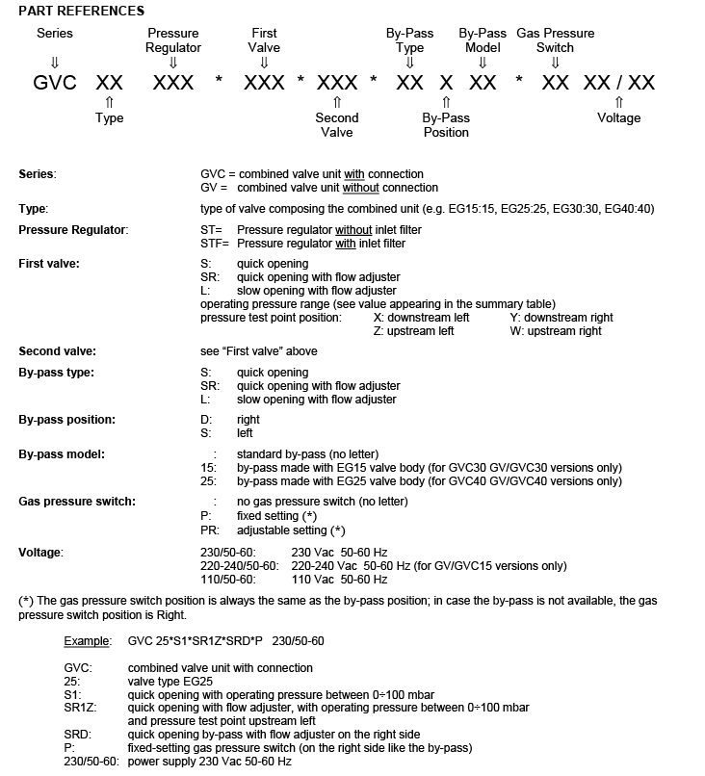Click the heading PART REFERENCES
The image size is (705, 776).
[81, 11]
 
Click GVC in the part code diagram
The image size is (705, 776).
[55, 83]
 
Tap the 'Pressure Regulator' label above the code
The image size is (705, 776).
[173, 40]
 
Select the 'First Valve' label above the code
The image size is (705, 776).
[264, 40]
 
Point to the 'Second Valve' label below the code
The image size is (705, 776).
[337, 125]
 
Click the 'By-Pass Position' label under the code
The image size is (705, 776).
[446, 125]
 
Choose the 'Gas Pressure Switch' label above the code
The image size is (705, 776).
[556, 40]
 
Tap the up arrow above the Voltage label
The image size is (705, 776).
[618, 101]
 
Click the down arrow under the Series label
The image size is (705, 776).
[54, 62]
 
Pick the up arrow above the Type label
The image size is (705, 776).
[110, 101]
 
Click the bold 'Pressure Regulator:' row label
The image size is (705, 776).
[74, 230]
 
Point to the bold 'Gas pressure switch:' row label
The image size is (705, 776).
[77, 502]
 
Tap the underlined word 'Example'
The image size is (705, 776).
[87, 640]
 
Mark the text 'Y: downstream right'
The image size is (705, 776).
[561, 318]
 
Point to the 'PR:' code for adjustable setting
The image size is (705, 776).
[212, 530]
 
